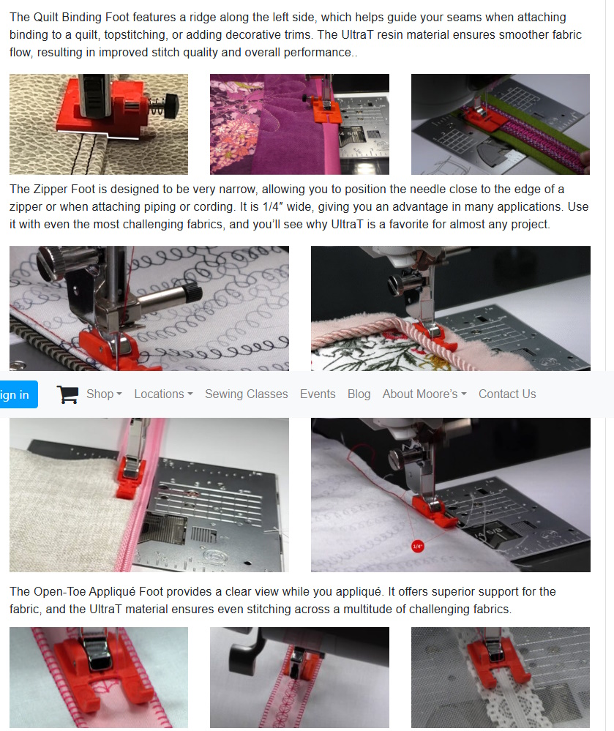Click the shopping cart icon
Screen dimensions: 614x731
[x=67, y=394]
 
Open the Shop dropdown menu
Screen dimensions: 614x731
[x=104, y=394]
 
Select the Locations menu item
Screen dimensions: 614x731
[x=164, y=394]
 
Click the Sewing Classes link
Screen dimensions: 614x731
[x=246, y=394]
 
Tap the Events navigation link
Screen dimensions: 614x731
[x=318, y=394]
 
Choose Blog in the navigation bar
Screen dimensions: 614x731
[x=359, y=394]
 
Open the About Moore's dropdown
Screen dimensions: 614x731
[x=424, y=394]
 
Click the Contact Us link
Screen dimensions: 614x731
[x=507, y=394]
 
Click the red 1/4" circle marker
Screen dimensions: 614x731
[x=418, y=546]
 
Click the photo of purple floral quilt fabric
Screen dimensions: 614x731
[x=299, y=124]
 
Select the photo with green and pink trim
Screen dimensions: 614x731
[x=501, y=124]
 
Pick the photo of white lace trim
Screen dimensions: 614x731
[x=501, y=677]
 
